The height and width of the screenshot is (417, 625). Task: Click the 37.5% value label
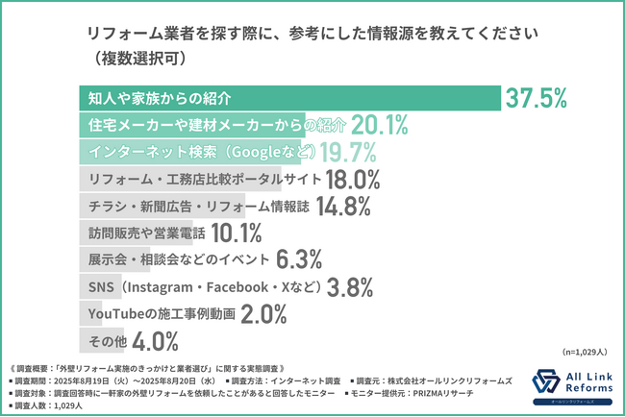point(537,98)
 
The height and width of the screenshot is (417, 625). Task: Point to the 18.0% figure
point(352,179)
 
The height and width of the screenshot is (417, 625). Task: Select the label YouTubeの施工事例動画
point(160,313)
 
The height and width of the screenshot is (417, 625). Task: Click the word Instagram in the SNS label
point(160,286)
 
